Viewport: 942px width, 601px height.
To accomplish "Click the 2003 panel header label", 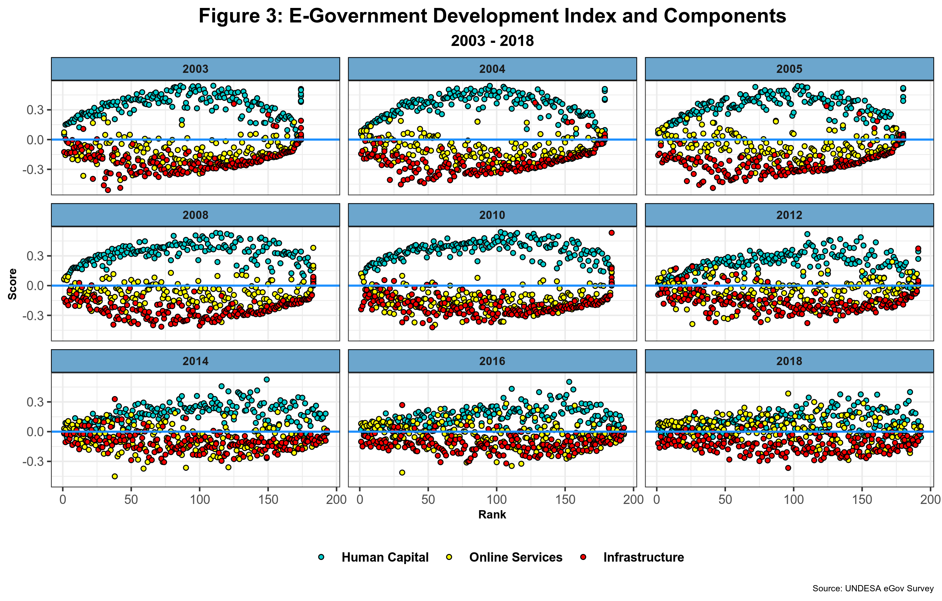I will coord(195,69).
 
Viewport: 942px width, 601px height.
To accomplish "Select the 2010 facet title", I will coord(492,215).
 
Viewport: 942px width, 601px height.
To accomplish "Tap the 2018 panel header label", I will coord(789,361).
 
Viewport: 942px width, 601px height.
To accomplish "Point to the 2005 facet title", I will coord(789,69).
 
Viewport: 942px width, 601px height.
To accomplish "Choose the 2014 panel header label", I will coord(195,361).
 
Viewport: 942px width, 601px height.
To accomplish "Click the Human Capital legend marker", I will coord(321,557).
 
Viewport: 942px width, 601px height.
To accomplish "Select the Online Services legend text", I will coord(516,557).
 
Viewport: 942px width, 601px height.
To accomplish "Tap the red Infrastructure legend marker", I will coord(583,557).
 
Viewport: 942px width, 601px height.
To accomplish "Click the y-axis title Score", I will coord(12,284).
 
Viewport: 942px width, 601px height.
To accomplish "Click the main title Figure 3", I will coord(492,17).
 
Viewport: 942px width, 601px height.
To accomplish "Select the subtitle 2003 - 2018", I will coord(492,41).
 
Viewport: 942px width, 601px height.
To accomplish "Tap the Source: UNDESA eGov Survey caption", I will coord(873,589).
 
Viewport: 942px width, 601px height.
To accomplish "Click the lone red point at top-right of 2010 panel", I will coord(611,232).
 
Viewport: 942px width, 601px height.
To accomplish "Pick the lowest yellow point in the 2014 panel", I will coord(115,476).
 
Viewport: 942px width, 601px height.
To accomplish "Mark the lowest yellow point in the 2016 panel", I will coord(402,473).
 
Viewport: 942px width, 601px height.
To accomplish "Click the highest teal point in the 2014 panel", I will coord(267,379).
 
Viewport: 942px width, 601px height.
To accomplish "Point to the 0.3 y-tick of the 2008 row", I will coord(35,256).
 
